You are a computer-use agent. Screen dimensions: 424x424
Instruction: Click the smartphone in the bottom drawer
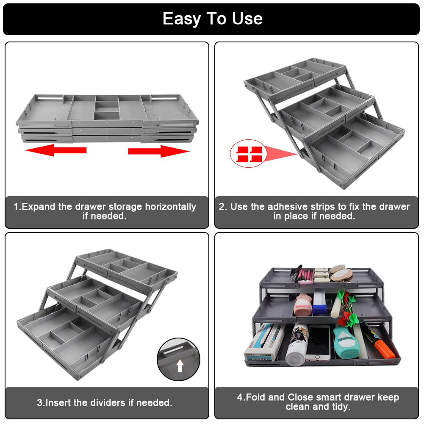point(318,342)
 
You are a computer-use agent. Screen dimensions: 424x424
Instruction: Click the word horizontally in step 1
point(171,207)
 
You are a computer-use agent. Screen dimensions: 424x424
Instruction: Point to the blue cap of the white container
point(321,298)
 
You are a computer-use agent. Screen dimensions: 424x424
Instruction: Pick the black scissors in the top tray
point(297,273)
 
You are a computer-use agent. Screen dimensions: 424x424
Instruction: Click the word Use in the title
point(247,19)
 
